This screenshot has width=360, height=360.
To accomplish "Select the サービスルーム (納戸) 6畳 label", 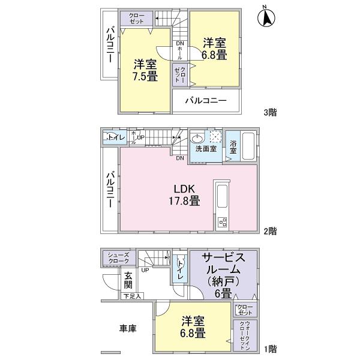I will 222,275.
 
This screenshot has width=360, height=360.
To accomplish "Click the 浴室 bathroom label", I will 233,146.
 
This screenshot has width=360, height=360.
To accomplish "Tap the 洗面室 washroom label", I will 203,149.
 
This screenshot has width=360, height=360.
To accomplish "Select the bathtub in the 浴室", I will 250,146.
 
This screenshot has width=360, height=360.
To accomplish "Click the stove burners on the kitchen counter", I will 221,222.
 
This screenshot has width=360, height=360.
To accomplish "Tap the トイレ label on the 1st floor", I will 179,269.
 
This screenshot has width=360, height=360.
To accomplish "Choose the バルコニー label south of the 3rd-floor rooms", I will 206,100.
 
